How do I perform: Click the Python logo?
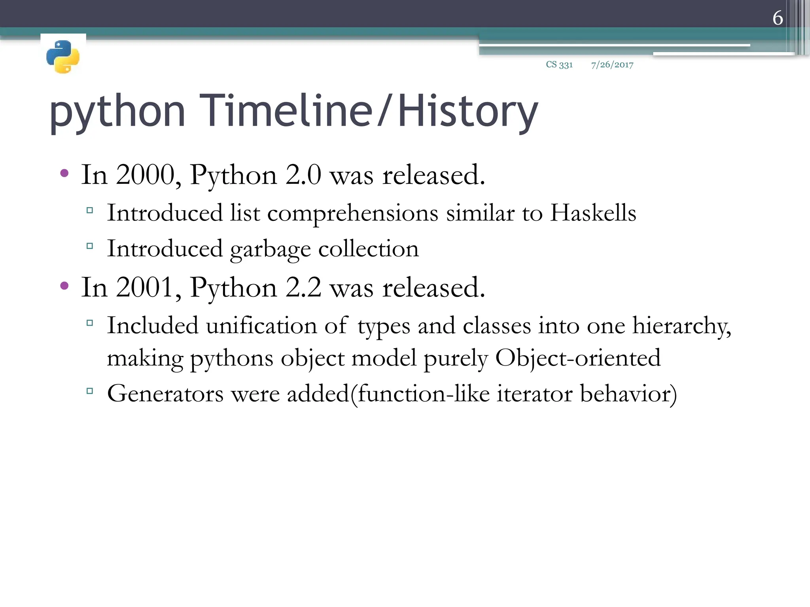click(63, 57)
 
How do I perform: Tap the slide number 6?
click(778, 18)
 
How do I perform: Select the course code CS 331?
click(559, 64)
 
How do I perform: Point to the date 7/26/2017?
click(612, 65)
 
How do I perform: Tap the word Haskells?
click(593, 213)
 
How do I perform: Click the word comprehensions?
click(352, 214)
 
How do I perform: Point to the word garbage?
click(271, 249)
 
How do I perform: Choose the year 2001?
click(145, 287)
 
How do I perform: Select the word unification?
click(261, 326)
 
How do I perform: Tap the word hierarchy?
click(681, 326)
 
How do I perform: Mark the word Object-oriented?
click(578, 358)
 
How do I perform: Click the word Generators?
click(165, 394)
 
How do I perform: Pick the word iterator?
click(534, 394)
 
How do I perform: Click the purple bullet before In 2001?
click(64, 285)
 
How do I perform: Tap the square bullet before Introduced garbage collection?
click(90, 246)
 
